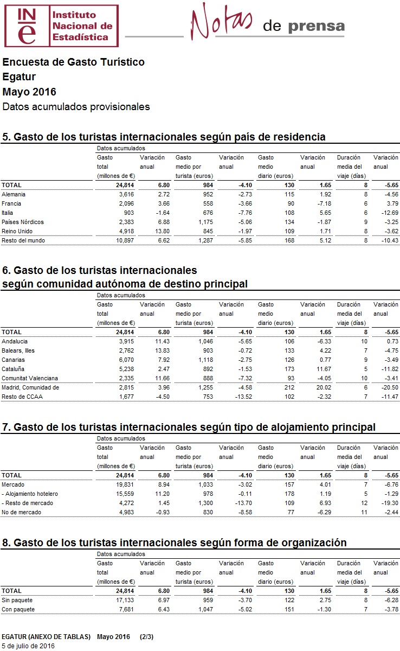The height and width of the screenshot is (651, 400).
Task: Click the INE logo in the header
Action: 61,25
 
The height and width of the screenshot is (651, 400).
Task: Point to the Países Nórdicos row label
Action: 23,222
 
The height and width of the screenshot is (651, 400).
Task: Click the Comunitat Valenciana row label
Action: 29,378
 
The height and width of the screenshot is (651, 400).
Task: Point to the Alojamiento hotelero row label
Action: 30,494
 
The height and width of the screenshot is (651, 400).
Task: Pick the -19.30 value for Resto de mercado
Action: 389,503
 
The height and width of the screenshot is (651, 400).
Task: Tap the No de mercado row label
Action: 21,512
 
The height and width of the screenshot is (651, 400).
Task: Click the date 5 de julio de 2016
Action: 28,646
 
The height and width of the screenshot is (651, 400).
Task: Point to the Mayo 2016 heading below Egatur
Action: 29,92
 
